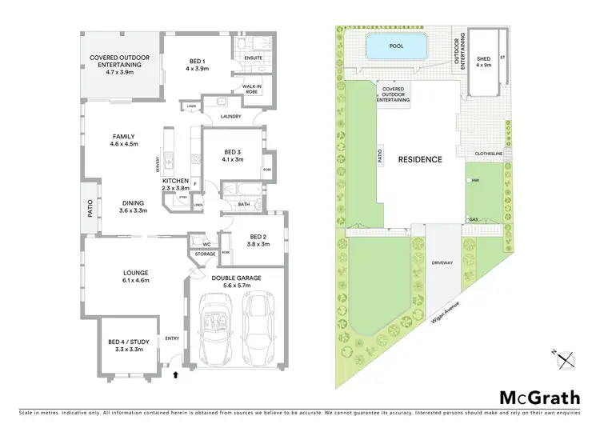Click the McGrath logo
coord(539,398)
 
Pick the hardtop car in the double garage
coord(258,325)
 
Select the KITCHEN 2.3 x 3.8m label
coord(176,184)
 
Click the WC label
coord(206,244)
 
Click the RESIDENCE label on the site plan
coord(421,159)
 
